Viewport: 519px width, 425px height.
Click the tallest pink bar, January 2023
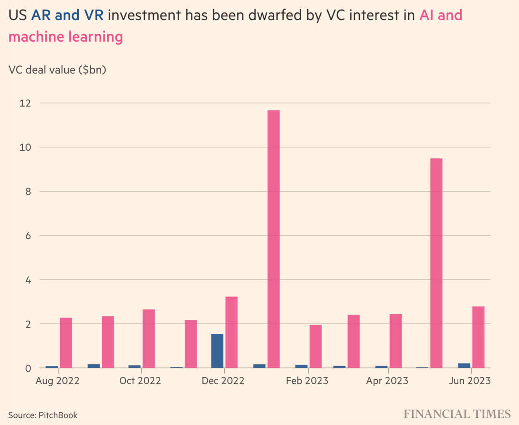click(x=274, y=239)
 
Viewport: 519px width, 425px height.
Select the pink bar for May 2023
click(x=436, y=263)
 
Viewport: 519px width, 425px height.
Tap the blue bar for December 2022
click(x=217, y=351)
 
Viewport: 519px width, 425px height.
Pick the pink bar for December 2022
click(x=231, y=332)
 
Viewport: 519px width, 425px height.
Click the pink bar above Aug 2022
click(x=66, y=343)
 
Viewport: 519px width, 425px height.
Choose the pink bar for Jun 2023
click(x=478, y=337)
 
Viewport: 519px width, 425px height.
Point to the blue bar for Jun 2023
click(x=464, y=366)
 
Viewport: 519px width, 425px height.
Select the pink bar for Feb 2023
click(x=316, y=346)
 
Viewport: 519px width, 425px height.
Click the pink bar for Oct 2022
click(x=149, y=339)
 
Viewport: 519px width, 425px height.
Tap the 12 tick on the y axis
click(x=25, y=103)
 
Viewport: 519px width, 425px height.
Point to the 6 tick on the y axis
click(x=28, y=236)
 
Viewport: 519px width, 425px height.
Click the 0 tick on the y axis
click(x=28, y=368)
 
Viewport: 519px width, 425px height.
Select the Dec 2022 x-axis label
click(x=223, y=381)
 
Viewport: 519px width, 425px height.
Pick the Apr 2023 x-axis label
click(x=387, y=381)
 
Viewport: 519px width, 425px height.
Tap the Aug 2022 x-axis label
click(x=57, y=381)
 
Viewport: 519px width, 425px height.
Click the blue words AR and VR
click(x=67, y=15)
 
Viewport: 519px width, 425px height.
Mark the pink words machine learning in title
click(x=65, y=37)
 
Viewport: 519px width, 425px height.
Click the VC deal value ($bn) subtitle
click(x=57, y=70)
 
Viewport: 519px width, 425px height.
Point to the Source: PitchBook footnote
click(x=43, y=415)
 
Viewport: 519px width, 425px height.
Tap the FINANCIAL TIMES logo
click(x=457, y=414)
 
